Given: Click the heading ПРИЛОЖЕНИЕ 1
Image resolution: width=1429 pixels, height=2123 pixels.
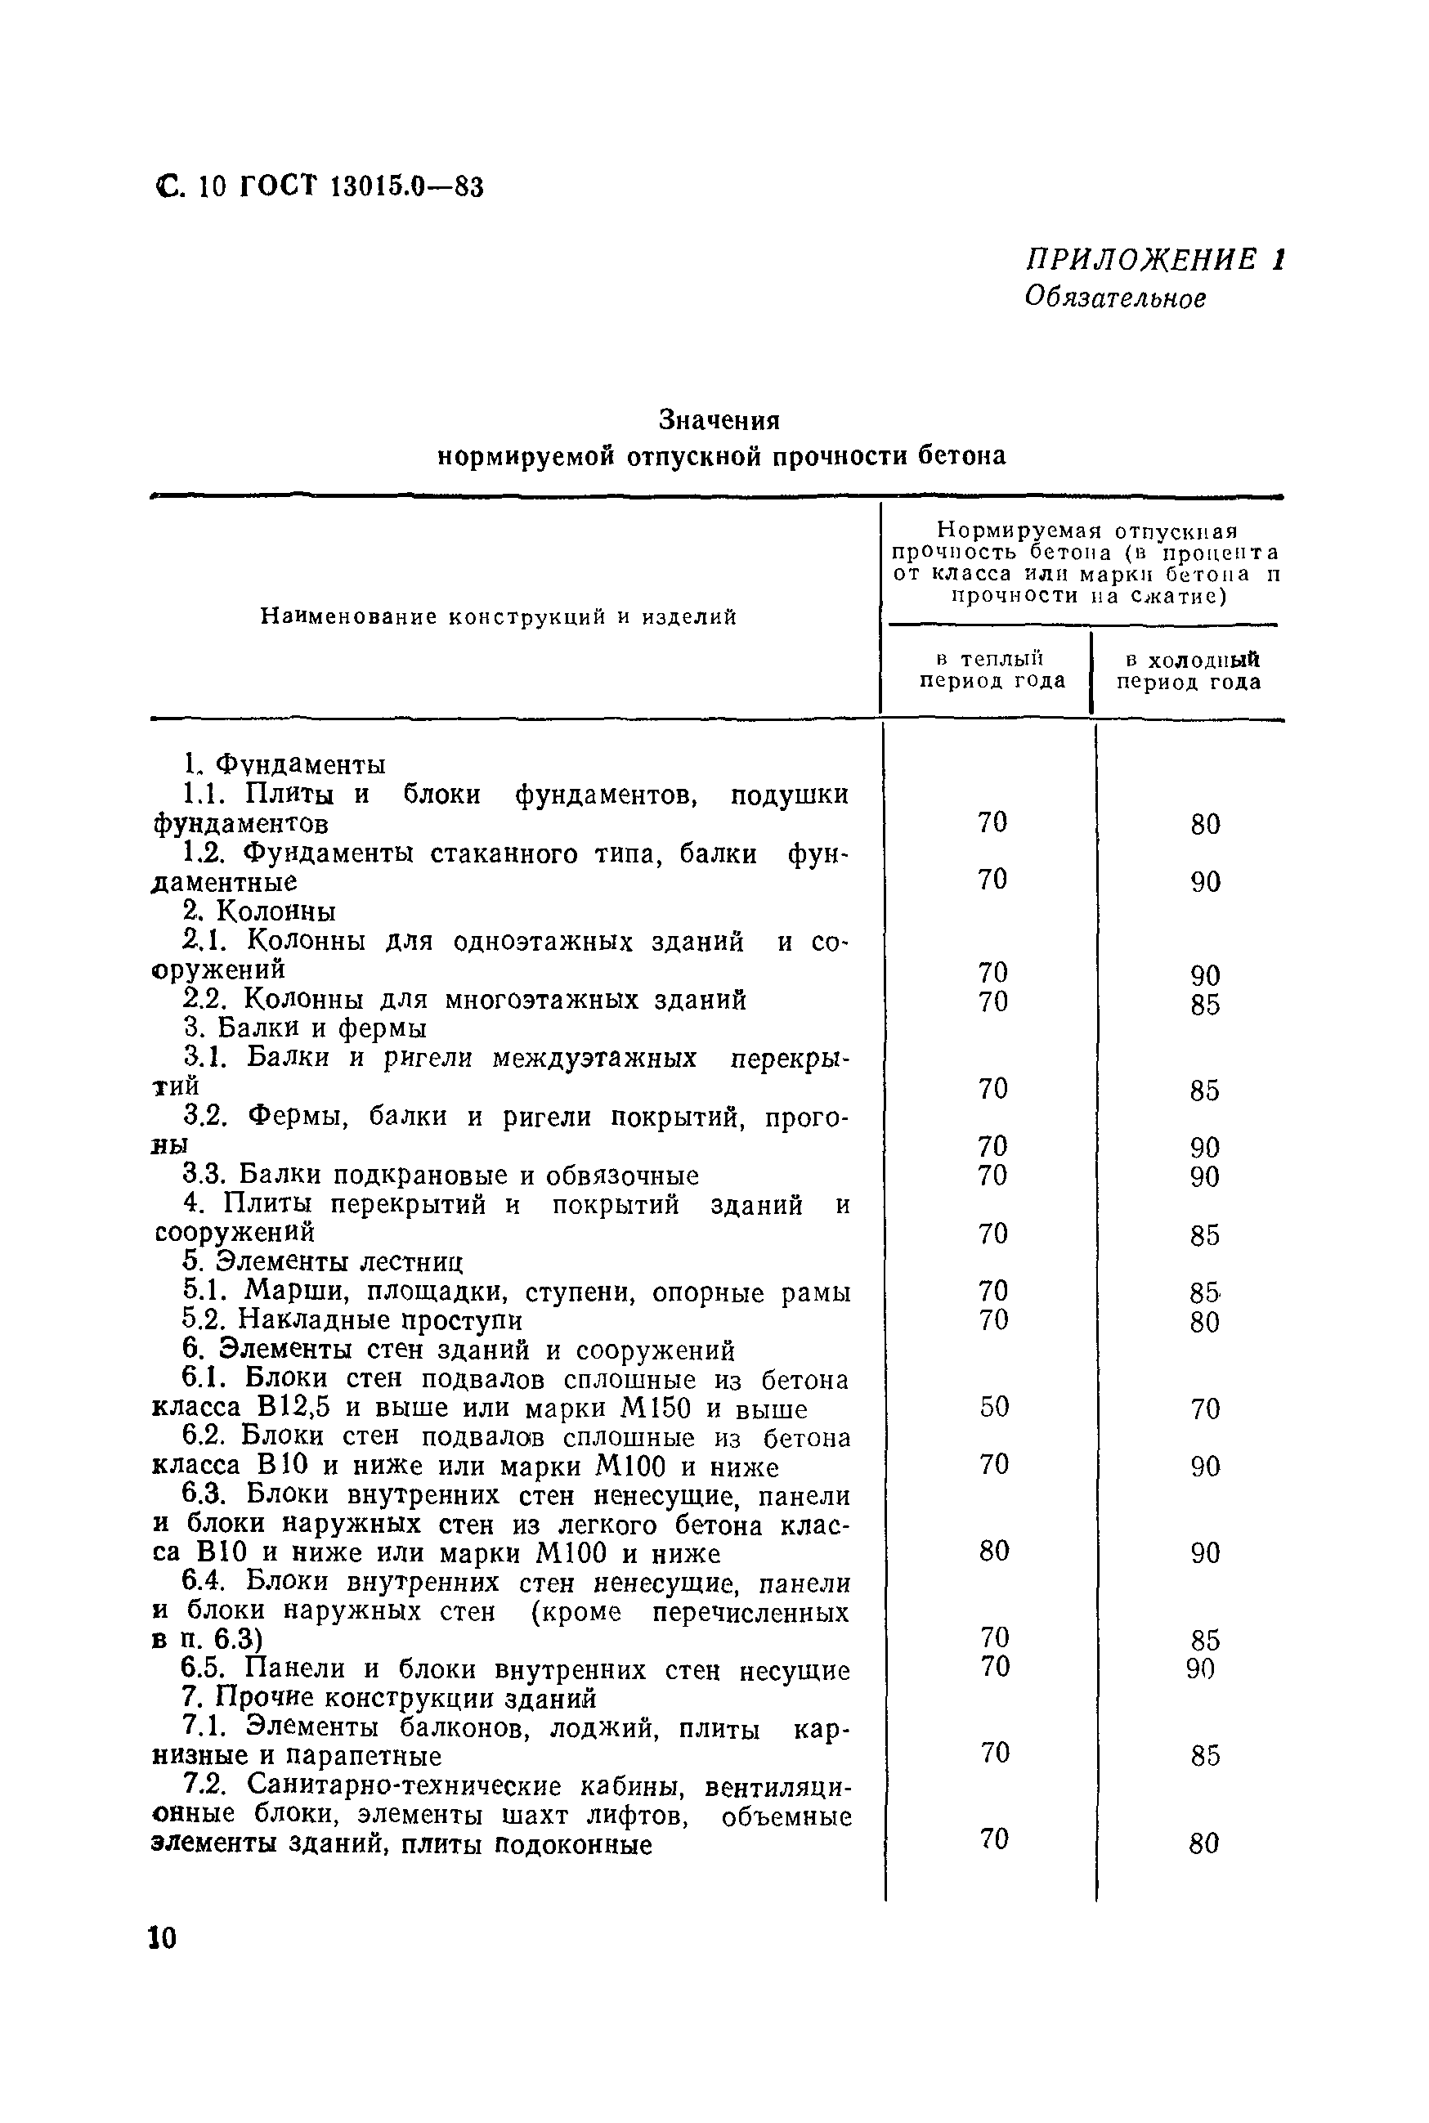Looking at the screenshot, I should [x=1154, y=260].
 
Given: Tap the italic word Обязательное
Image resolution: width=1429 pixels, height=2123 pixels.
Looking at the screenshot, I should [x=1114, y=298].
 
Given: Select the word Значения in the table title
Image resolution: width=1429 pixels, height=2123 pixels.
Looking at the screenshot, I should [x=720, y=420].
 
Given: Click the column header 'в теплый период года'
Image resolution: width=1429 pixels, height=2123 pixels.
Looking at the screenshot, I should [x=992, y=670].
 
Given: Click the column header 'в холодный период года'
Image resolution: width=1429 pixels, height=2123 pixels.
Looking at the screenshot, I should [x=1189, y=670].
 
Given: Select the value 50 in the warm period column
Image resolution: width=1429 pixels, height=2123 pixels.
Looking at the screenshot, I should [x=994, y=1407].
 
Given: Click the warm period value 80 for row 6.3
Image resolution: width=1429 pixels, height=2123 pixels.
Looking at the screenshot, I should [x=994, y=1551].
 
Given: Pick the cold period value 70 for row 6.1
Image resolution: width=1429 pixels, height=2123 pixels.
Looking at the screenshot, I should [x=1205, y=1409].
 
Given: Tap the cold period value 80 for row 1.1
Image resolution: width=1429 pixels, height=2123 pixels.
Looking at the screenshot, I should [x=1205, y=825].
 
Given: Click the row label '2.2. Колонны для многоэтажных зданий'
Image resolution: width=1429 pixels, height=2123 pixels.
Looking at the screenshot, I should [x=465, y=1001].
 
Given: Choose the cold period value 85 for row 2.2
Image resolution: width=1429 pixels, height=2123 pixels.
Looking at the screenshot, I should [x=1205, y=1005].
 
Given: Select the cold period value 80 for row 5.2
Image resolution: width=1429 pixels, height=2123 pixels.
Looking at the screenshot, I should [x=1205, y=1322].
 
